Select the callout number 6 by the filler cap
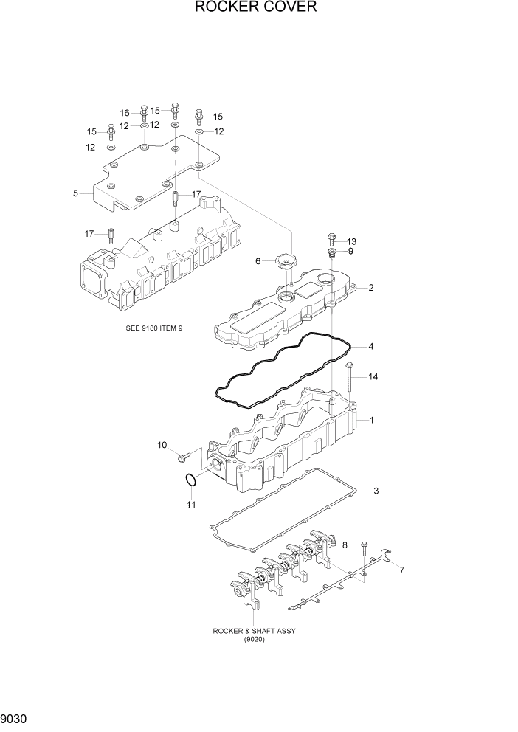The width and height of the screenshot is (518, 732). tap(258, 261)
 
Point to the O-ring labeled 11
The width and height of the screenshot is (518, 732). tap(190, 480)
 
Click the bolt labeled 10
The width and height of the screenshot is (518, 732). tap(184, 457)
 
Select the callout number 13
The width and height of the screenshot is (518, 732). tap(351, 241)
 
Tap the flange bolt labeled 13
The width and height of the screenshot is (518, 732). tap(331, 240)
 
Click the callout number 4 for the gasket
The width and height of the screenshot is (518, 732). tap(371, 346)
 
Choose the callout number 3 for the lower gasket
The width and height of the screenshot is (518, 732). tap(376, 491)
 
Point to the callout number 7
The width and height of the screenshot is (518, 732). tap(401, 570)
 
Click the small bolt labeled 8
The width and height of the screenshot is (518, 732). tap(364, 546)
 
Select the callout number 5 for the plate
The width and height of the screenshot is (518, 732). tap(75, 193)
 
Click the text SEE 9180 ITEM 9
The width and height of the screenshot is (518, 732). tap(155, 328)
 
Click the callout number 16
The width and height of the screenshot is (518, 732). tap(125, 113)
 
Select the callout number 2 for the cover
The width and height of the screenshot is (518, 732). tap(371, 288)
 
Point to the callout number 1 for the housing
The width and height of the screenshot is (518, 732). tap(372, 421)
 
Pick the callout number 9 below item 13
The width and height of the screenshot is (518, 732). tap(350, 252)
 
